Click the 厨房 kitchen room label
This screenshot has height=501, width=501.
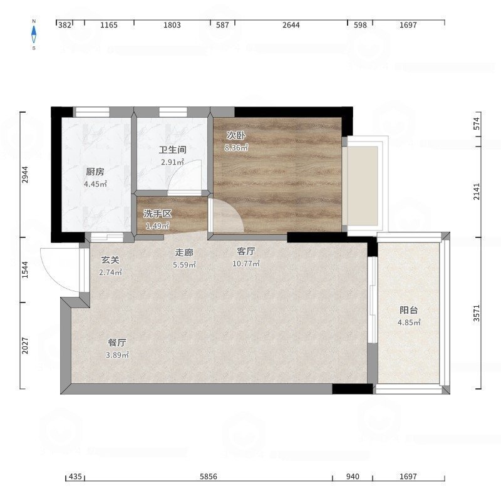(x=95, y=172)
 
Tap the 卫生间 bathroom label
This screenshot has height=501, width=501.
(x=173, y=150)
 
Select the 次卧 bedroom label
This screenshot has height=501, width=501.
(x=236, y=135)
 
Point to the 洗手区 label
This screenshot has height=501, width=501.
(x=157, y=214)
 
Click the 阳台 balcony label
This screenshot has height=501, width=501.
(x=409, y=310)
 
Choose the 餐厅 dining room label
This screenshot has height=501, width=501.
(x=117, y=343)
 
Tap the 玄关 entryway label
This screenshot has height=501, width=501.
(x=110, y=261)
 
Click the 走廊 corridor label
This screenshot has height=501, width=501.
(x=184, y=253)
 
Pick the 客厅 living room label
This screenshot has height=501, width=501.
(x=246, y=252)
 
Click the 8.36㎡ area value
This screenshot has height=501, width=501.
(x=237, y=148)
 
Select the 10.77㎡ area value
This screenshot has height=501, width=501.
(x=246, y=264)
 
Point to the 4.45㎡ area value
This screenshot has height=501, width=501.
(x=95, y=184)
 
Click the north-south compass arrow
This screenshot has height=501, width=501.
(x=34, y=34)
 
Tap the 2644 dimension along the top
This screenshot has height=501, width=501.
(x=291, y=25)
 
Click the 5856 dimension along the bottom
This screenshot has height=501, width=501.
(x=209, y=477)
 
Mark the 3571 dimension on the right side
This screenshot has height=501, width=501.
(x=477, y=313)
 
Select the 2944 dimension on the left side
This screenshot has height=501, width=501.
(x=25, y=175)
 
